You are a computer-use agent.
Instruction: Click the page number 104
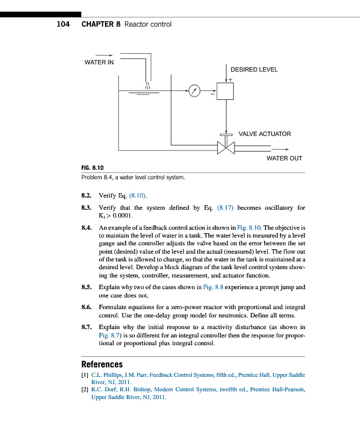(63, 24)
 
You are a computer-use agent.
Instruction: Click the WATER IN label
(99, 62)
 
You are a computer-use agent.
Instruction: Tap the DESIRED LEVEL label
(254, 70)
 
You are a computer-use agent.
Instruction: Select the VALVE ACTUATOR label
(264, 134)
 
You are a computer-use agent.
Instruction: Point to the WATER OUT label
(284, 158)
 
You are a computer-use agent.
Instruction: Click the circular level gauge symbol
(193, 91)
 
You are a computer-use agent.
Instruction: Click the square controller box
(226, 91)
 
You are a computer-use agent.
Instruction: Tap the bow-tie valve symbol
(226, 147)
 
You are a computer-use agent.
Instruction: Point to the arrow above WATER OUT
(281, 150)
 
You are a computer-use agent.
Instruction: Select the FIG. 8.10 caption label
(92, 168)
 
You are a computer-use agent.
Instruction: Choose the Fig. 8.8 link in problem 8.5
(216, 287)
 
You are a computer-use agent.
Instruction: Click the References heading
(102, 365)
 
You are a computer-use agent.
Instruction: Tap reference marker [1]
(85, 376)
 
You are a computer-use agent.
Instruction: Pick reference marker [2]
(85, 390)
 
